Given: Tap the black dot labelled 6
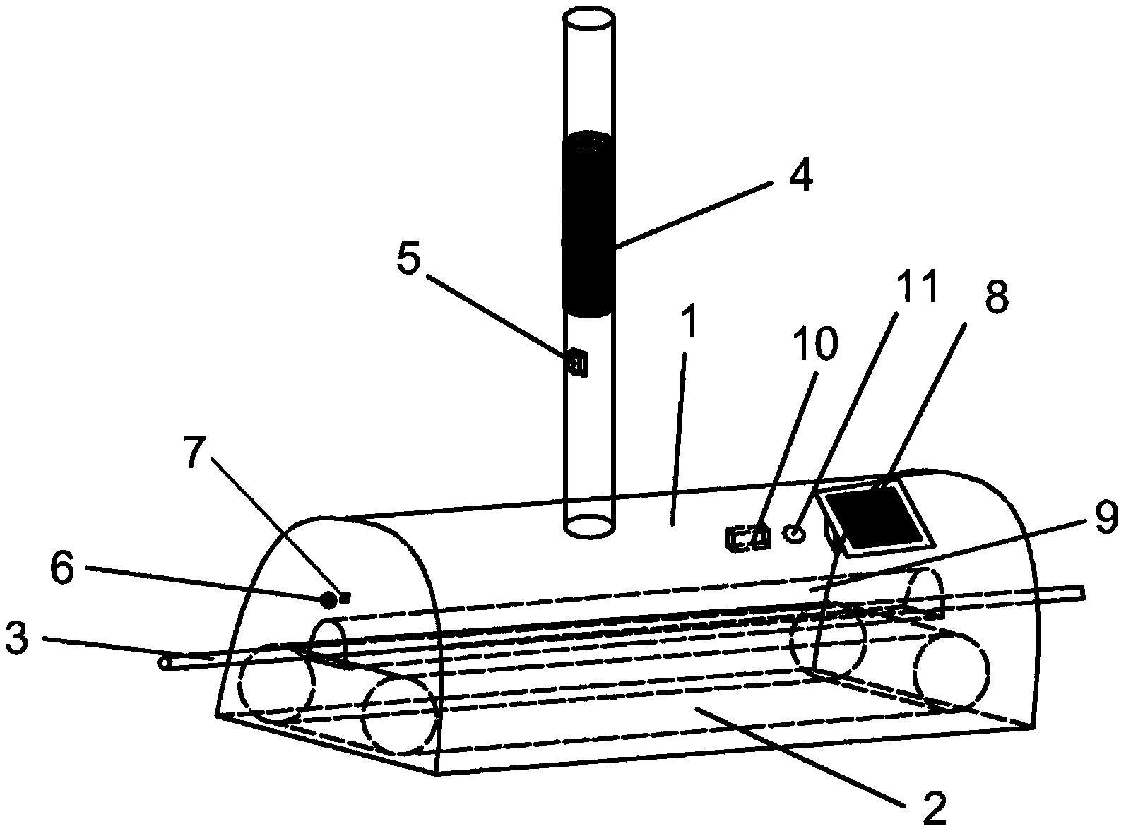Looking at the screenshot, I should tap(328, 599).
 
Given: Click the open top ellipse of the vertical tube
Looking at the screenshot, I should tap(588, 20).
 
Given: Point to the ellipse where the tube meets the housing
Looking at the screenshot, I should tap(588, 525).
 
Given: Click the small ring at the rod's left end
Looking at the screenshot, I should tap(165, 664).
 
